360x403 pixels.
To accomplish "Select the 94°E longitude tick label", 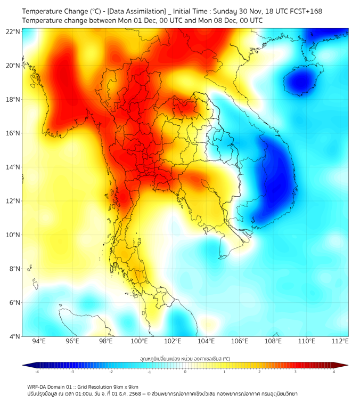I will click(39, 341).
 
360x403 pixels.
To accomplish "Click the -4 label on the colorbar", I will click(37, 372).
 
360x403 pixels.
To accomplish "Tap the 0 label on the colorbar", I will click(185, 372).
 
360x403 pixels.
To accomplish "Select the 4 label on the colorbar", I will click(334, 372).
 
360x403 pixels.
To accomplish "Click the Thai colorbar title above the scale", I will click(185, 359).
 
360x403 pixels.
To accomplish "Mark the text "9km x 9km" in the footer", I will click(126, 386).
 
